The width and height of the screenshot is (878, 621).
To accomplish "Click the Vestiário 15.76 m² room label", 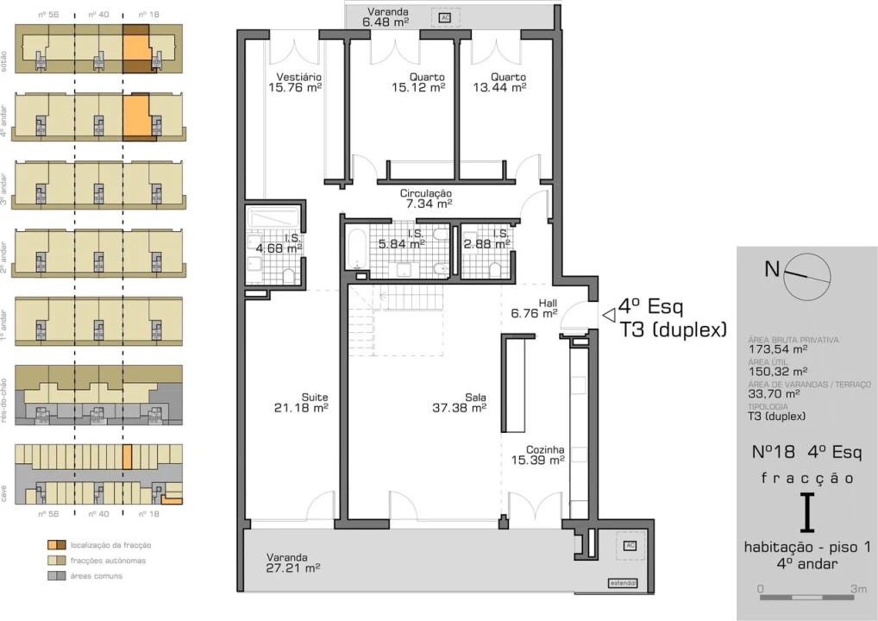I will tap(295, 82).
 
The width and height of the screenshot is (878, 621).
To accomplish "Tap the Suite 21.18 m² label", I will tap(301, 403).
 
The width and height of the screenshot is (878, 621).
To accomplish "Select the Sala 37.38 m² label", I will tap(459, 403).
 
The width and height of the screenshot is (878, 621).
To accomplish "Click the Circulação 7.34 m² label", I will tap(426, 199).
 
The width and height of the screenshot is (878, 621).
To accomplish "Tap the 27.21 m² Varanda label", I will tap(293, 563).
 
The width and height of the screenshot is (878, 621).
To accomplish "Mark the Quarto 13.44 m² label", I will tap(499, 82).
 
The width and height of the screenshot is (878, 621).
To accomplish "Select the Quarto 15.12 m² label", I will tap(418, 82).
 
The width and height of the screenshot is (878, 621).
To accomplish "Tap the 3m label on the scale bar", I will tap(859, 588).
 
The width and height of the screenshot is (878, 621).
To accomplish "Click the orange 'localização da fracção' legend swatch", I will tap(56, 545).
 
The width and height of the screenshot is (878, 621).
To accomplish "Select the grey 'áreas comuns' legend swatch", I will tap(56, 575).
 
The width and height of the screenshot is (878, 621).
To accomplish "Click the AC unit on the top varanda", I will tap(446, 17).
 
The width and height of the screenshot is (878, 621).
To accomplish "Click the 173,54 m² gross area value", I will tap(778, 350).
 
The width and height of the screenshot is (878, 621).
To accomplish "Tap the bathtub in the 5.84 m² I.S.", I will tap(355, 249).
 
